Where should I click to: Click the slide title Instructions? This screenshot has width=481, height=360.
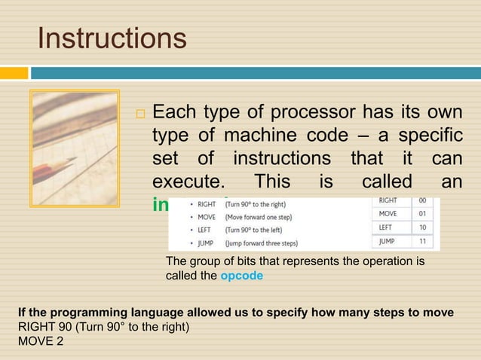(x=112, y=38)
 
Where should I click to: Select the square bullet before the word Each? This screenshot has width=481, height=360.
(x=141, y=115)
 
